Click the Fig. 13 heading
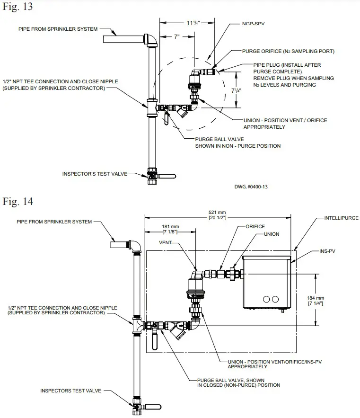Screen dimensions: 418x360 click(18, 8)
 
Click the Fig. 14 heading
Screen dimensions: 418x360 click(18, 202)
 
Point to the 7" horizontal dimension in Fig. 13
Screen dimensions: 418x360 click(176, 36)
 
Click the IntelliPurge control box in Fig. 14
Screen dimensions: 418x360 click(265, 282)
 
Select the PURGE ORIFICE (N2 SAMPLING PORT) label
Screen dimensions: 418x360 click(288, 51)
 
